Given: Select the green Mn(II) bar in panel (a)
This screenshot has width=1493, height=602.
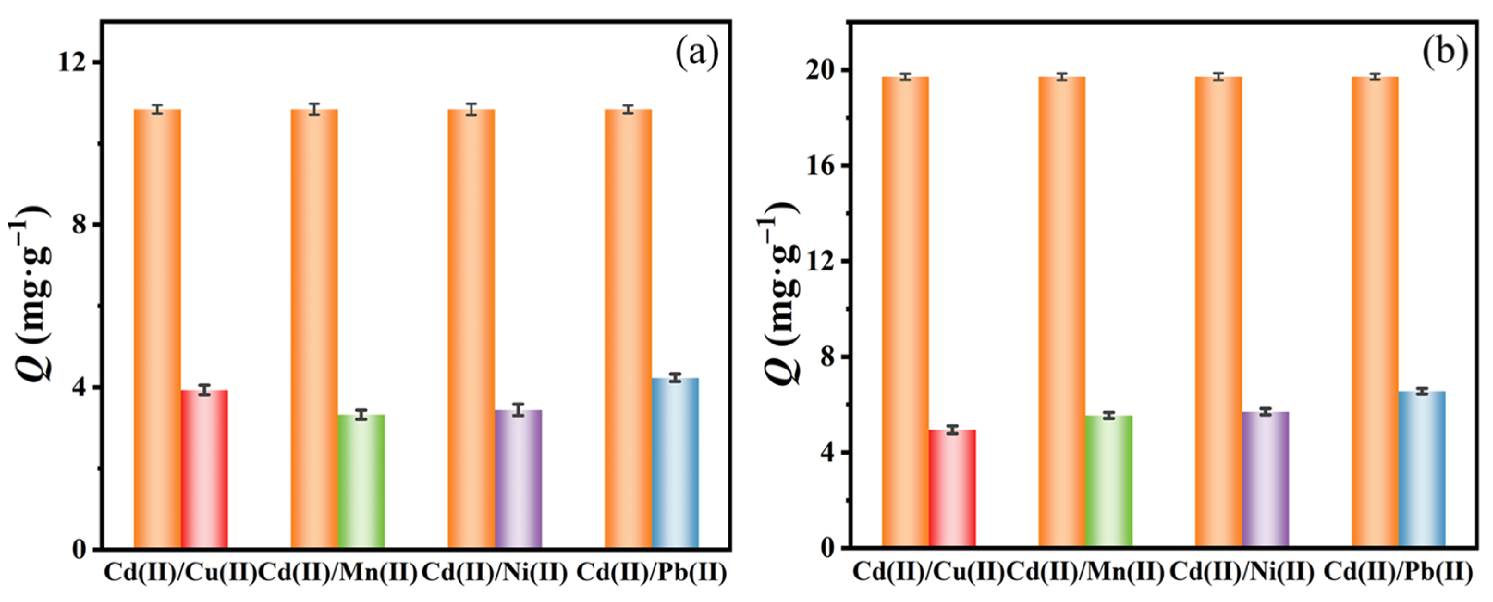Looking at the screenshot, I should (x=361, y=481).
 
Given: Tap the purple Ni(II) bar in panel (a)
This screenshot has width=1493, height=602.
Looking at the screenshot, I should (x=518, y=479).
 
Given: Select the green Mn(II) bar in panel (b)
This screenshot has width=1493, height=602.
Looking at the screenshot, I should (x=1109, y=481).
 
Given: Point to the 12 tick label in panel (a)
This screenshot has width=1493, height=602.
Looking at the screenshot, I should (x=71, y=62).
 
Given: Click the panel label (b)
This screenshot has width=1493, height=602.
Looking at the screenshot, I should (x=1444, y=52).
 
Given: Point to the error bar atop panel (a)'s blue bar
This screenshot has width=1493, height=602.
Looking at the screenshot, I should (x=675, y=378).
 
